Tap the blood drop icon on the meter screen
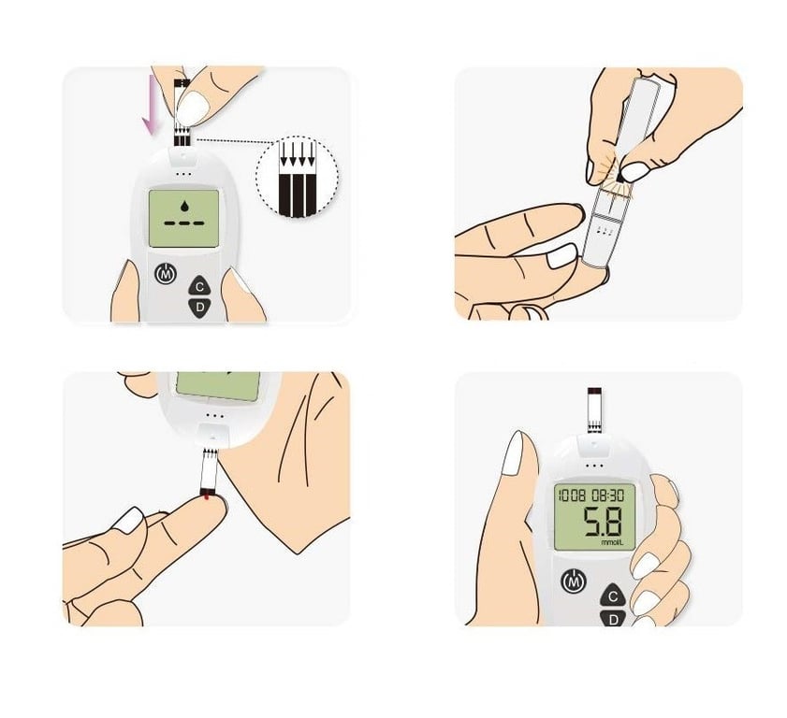coord(184,205)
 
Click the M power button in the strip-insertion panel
coord(166,274)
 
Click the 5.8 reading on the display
coord(603,522)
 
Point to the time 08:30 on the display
coord(607,495)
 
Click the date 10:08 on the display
coord(572,495)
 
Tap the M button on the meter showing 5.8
coord(574,582)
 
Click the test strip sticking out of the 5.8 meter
coord(594,409)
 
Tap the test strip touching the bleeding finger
coord(210,471)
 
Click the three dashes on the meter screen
coord(184,223)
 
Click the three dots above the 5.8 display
coord(594,466)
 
